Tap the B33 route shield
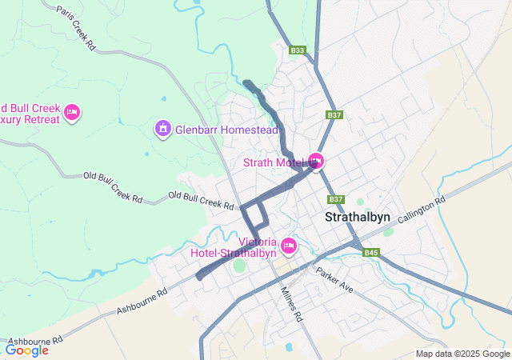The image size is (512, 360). tap(298, 50)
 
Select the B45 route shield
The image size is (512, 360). tap(370, 253)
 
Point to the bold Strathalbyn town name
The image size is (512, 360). tap(358, 218)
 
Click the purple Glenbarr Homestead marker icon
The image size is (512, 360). tap(162, 128)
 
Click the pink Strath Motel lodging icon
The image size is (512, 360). tap(316, 162)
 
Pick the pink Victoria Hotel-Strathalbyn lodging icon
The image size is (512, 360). tap(289, 244)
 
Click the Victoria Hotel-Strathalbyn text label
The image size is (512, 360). tap(234, 247)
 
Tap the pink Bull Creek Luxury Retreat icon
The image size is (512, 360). tap(71, 112)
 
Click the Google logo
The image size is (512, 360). tap(27, 350)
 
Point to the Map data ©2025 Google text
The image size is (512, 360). tap(462, 354)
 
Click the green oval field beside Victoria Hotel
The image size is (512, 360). tap(239, 265)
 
